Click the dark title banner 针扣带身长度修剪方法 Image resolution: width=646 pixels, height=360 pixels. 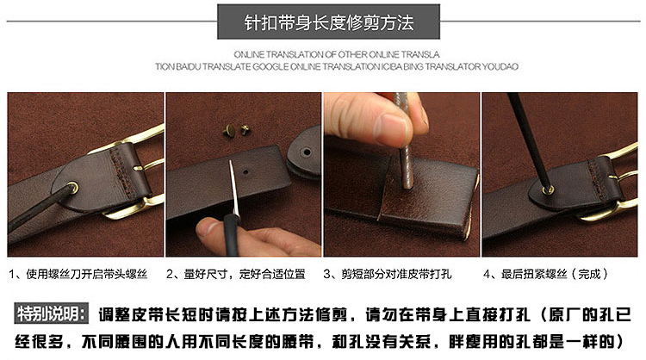coord(328,22)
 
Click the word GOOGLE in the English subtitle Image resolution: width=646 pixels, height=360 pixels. coord(270,66)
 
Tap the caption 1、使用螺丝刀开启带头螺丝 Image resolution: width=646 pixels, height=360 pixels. coord(78,274)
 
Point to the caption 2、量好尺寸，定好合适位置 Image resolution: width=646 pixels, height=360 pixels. coord(236,274)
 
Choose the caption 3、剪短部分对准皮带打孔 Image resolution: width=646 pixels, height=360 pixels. coord(388,274)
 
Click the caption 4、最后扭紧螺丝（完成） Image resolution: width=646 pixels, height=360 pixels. coord(546,274)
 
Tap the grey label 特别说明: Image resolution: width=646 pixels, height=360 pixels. coord(52,313)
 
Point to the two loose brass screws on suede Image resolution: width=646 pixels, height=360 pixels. coord(236,131)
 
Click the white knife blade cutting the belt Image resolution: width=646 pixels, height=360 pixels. coord(234,188)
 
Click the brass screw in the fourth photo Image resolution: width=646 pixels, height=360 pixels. coord(548,189)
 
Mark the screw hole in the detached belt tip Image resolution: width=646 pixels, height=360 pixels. coord(307,152)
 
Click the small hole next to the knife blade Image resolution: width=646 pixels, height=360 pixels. coord(246,171)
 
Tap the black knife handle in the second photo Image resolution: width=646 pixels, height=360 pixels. coord(232,235)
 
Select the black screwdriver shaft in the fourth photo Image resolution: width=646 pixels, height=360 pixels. coord(528,140)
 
